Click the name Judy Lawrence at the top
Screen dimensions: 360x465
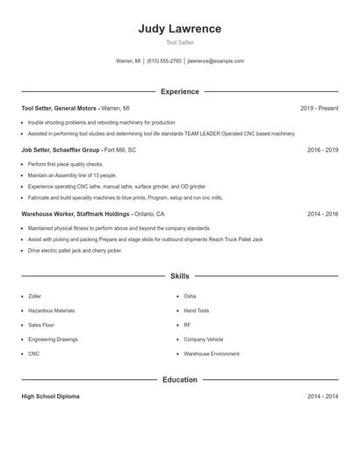(x=180, y=29)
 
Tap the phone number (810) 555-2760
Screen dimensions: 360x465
(x=164, y=61)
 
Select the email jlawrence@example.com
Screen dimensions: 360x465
(x=216, y=61)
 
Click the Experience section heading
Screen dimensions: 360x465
(x=180, y=91)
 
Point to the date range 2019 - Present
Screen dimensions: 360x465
(x=319, y=108)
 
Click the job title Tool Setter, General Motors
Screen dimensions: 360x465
(x=60, y=108)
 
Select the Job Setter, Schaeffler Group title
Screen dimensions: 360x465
(x=60, y=150)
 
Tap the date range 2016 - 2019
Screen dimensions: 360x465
(x=322, y=150)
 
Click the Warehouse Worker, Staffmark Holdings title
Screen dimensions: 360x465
(x=76, y=213)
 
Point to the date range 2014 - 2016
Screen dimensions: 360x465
(x=322, y=213)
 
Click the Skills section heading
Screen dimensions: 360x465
(x=180, y=275)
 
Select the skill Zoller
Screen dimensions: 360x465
(x=34, y=297)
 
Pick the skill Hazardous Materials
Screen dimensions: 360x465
(x=51, y=311)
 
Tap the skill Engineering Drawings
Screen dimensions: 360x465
(x=52, y=339)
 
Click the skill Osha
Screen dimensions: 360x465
(x=190, y=297)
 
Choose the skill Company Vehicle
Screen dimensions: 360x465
(x=203, y=339)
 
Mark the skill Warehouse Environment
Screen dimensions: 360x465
(x=211, y=354)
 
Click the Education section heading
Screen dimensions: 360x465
(x=180, y=380)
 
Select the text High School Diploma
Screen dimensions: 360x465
(x=50, y=397)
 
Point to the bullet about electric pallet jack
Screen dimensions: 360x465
(x=75, y=250)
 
